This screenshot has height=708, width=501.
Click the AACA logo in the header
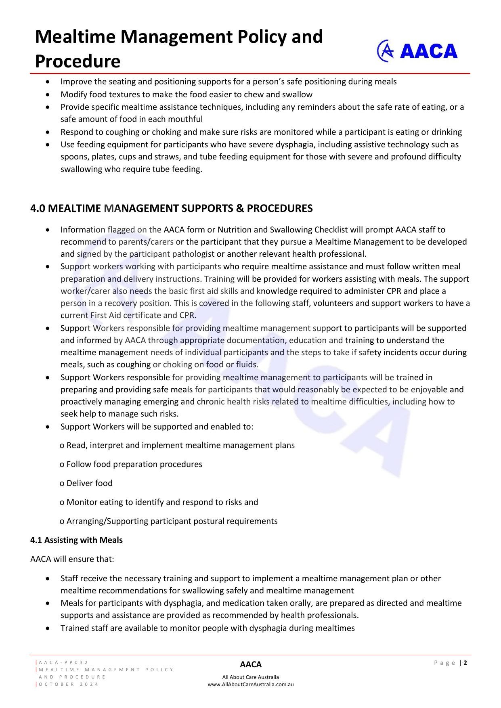pyautogui.click(x=417, y=51)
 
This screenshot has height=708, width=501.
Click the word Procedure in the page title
pyautogui.click(x=78, y=62)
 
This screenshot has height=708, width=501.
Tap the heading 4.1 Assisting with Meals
pyautogui.click(x=76, y=540)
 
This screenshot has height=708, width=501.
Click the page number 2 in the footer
pyautogui.click(x=465, y=662)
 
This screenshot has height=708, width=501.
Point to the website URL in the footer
pyautogui.click(x=251, y=684)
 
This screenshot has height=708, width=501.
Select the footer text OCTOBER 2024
pyautogui.click(x=69, y=684)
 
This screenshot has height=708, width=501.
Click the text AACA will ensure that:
pyautogui.click(x=72, y=559)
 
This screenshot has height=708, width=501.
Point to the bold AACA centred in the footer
pyautogui.click(x=251, y=664)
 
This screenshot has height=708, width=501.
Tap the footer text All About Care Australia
pyautogui.click(x=251, y=677)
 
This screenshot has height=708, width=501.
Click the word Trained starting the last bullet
pyautogui.click(x=75, y=628)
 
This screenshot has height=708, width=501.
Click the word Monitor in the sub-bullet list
pyautogui.click(x=82, y=502)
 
